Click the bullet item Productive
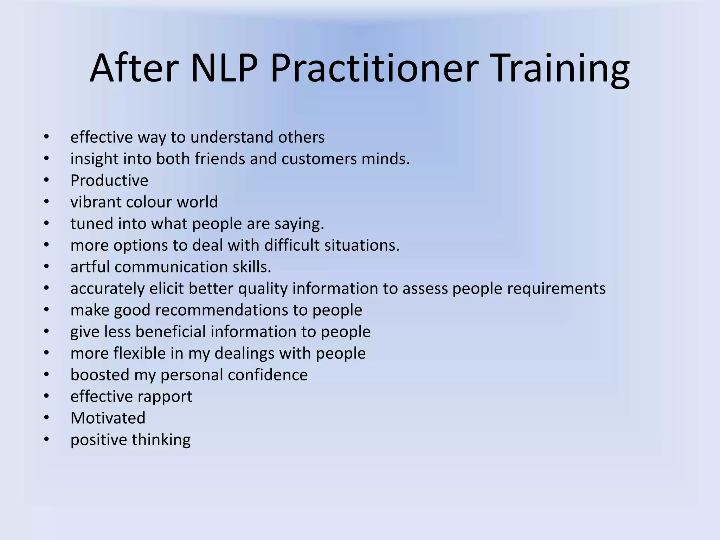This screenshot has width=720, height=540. click(109, 181)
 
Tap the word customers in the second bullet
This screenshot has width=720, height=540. click(319, 159)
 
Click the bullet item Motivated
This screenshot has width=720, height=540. click(108, 418)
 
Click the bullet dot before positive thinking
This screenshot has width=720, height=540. click(46, 439)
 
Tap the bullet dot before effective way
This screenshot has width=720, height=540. click(46, 137)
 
